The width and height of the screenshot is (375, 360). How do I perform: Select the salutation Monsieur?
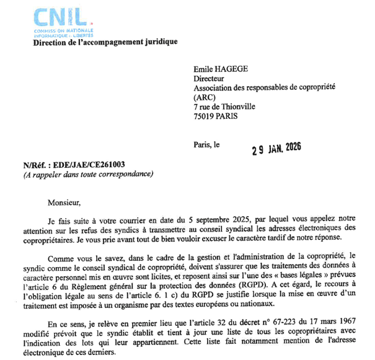[x=64, y=201]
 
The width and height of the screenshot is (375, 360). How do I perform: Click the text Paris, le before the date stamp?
[x=206, y=146]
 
